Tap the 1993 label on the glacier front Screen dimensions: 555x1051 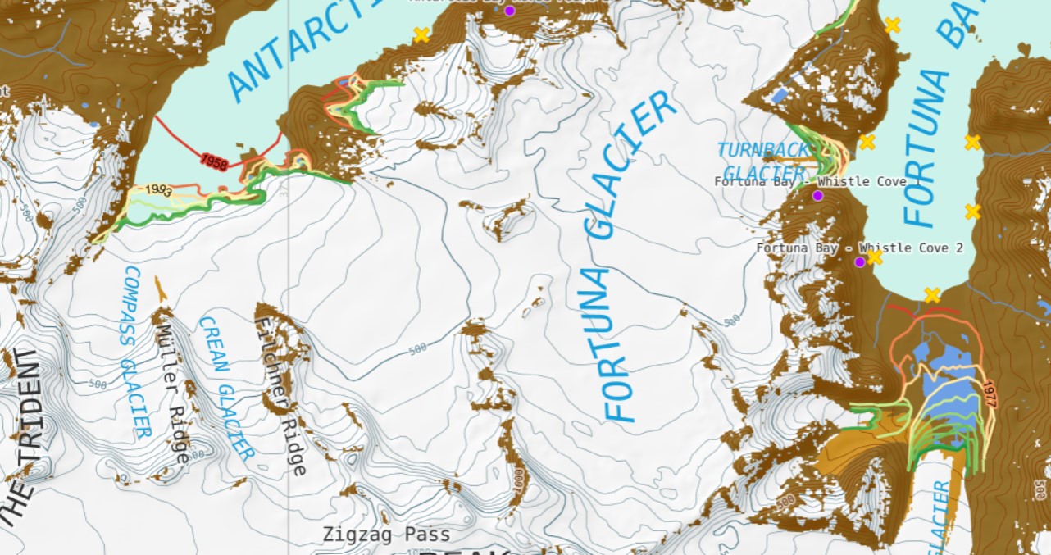pyautogui.click(x=158, y=190)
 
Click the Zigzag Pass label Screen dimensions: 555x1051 pyautogui.click(x=386, y=535)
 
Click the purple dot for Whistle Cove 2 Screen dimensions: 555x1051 pyautogui.click(x=859, y=262)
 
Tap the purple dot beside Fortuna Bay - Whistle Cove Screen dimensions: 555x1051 pyautogui.click(x=817, y=195)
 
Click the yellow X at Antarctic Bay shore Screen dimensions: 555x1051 pyautogui.click(x=421, y=34)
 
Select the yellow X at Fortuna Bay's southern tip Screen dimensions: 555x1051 pyautogui.click(x=931, y=295)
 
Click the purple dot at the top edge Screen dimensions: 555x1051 pyautogui.click(x=509, y=11)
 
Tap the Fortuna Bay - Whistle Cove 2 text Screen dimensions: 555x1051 pyautogui.click(x=859, y=248)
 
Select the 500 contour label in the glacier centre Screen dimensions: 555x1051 pyautogui.click(x=417, y=348)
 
